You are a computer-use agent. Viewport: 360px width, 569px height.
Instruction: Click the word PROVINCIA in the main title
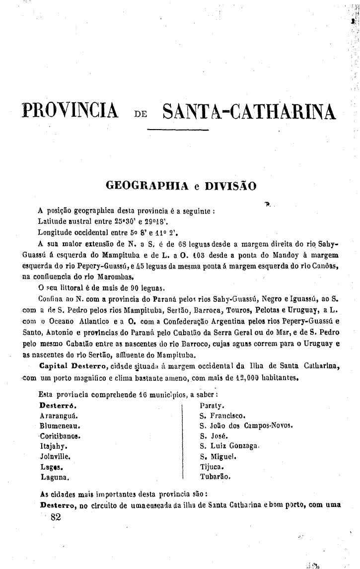(70, 111)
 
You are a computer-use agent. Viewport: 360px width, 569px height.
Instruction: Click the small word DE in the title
(140, 114)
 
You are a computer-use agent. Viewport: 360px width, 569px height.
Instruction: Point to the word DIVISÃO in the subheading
(231, 186)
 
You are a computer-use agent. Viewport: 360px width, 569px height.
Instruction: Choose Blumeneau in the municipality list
(60, 426)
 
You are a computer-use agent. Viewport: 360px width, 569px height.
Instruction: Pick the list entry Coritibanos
(60, 436)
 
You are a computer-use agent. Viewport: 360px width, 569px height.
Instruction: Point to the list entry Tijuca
(212, 467)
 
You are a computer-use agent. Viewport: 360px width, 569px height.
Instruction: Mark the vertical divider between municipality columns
(183, 441)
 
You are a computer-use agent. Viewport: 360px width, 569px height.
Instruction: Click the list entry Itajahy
(54, 446)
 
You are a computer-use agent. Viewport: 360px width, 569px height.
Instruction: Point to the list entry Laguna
(54, 477)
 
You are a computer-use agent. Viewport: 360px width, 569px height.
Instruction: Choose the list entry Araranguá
(59, 415)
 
